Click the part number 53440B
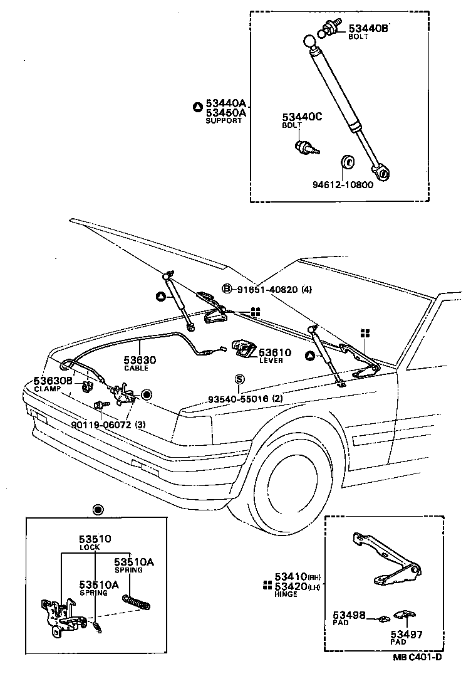coord(368,28)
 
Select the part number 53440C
coord(301,117)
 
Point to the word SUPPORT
coord(224,120)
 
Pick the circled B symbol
coord(227,289)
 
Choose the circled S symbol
coord(239,379)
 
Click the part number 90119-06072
coord(101,425)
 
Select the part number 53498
coord(348,616)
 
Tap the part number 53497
coord(406,635)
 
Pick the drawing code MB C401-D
coord(418,657)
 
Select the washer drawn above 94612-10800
coord(348,162)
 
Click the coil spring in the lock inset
coord(137,600)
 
